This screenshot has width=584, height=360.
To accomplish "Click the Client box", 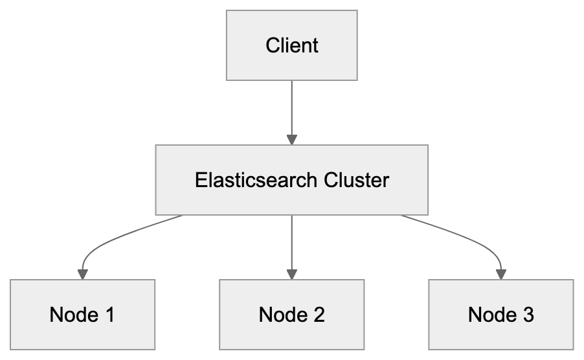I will pos(292,46).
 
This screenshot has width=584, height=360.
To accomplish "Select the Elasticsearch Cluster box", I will pos(292,179).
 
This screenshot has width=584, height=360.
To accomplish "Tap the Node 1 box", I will pos(82,315).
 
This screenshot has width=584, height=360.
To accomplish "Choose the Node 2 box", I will pos(292,315).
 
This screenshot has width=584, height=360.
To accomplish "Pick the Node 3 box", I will pos(501,315).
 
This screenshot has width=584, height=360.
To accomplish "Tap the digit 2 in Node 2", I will pos(318,315).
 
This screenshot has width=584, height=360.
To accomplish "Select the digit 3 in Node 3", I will pos(528,315).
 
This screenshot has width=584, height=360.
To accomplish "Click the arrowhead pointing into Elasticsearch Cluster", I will pos(292,139).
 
